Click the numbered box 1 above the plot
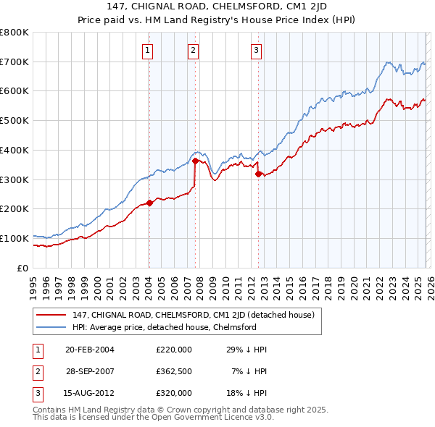point(148,50)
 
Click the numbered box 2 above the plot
point(194,50)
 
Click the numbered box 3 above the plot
point(257,50)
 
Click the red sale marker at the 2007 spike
point(195,161)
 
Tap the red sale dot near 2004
point(149,203)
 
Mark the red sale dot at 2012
point(258,174)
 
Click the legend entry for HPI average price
point(165,327)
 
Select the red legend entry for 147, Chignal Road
point(193,315)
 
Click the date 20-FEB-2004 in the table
point(90,350)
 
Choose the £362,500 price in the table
point(174,371)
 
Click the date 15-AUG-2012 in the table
point(90,393)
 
